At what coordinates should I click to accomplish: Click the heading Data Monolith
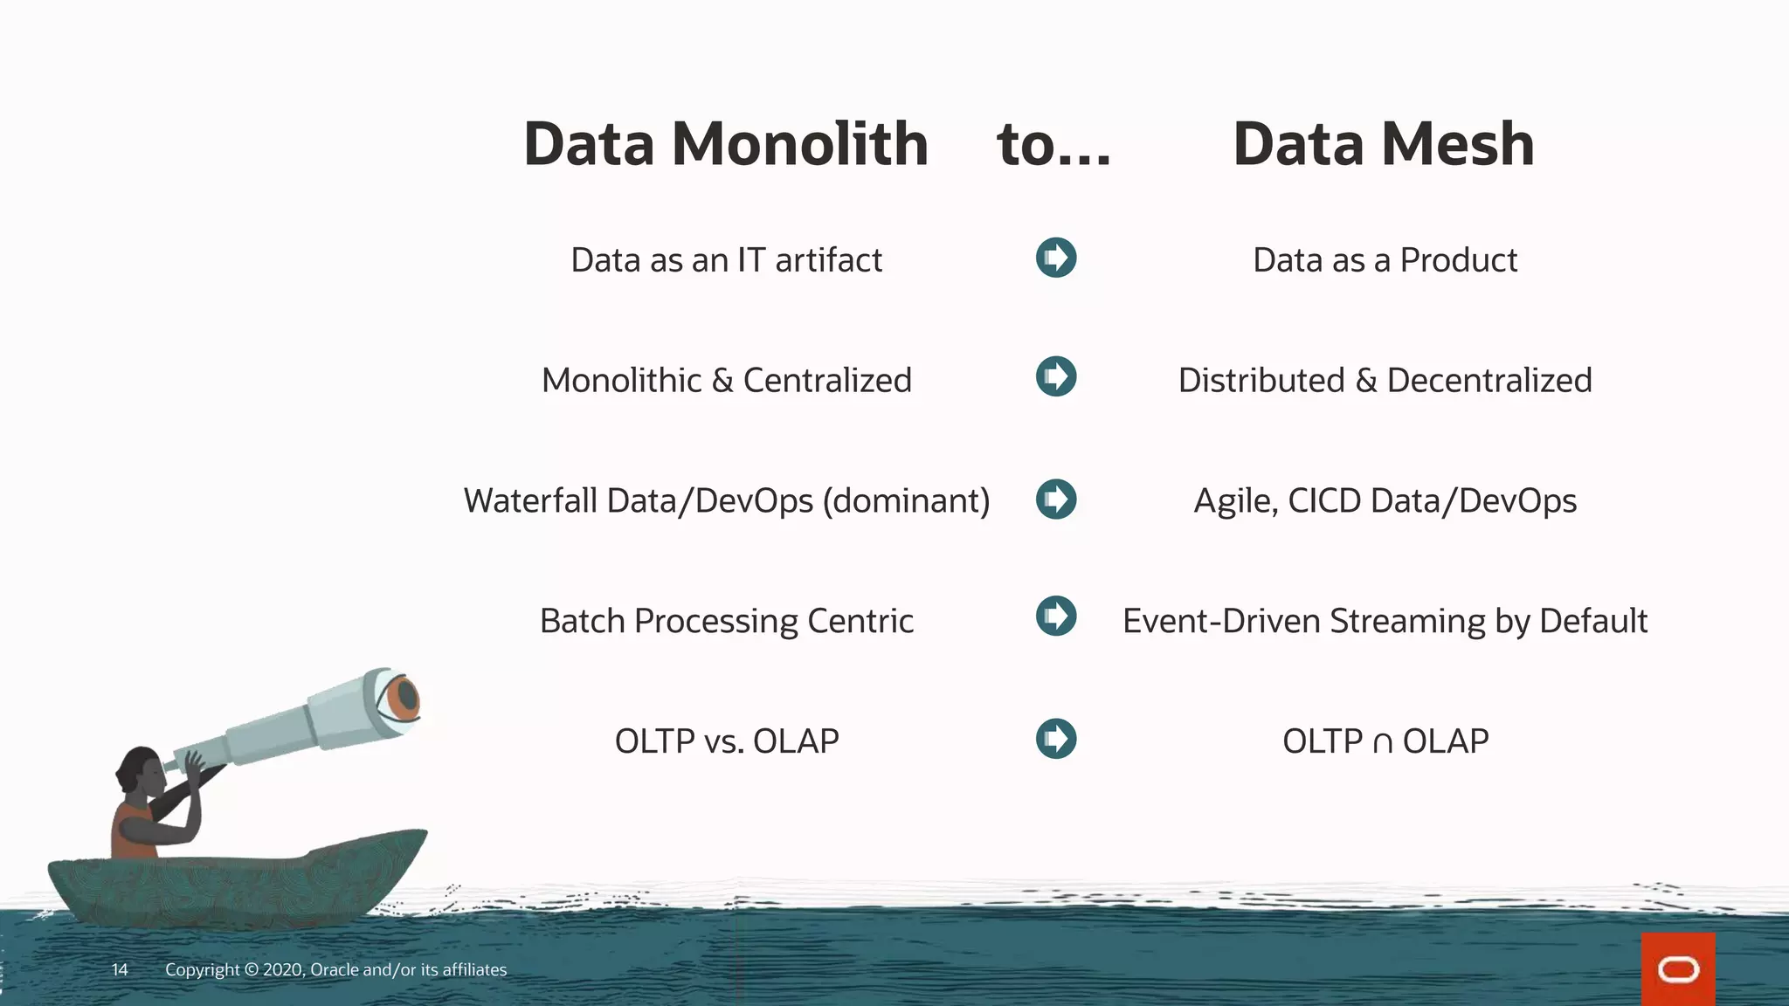tap(725, 144)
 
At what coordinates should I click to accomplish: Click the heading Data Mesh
tap(1383, 144)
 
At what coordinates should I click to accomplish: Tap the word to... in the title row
tap(1053, 144)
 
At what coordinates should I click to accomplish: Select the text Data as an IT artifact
tap(726, 260)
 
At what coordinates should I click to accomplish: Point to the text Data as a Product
tap(1385, 260)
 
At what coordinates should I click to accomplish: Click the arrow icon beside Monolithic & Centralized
tap(1056, 376)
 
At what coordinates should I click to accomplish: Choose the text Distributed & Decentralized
tap(1385, 381)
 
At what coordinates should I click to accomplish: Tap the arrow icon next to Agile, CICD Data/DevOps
tap(1056, 499)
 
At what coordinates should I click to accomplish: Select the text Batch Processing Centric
tap(726, 621)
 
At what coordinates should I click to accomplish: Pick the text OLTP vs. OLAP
tap(726, 741)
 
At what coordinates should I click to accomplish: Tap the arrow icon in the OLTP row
tap(1056, 739)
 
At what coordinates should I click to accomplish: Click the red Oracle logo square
tap(1677, 969)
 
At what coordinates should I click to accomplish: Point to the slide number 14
tap(120, 969)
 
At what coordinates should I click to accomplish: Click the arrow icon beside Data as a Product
tap(1056, 258)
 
